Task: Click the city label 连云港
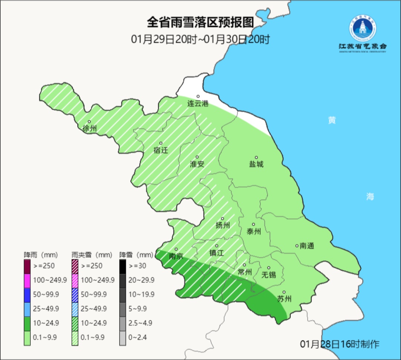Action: coord(198,104)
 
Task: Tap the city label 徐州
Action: coord(90,129)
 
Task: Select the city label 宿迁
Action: coord(161,150)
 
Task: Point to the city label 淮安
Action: coord(197,164)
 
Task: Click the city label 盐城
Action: coord(256,164)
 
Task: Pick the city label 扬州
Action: coord(223,226)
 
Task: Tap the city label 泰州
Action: coord(254,232)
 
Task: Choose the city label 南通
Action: coord(307,246)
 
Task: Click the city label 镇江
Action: coord(216,253)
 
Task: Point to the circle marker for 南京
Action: coord(176,249)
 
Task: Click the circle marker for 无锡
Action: coord(269,268)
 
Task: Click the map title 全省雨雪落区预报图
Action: coord(200,23)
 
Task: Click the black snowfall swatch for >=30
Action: coord(123,266)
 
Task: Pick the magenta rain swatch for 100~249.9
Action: coord(27,280)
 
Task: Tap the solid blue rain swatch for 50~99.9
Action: coord(27,294)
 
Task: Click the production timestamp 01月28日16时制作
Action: coord(340,344)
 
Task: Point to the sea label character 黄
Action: coord(332,120)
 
